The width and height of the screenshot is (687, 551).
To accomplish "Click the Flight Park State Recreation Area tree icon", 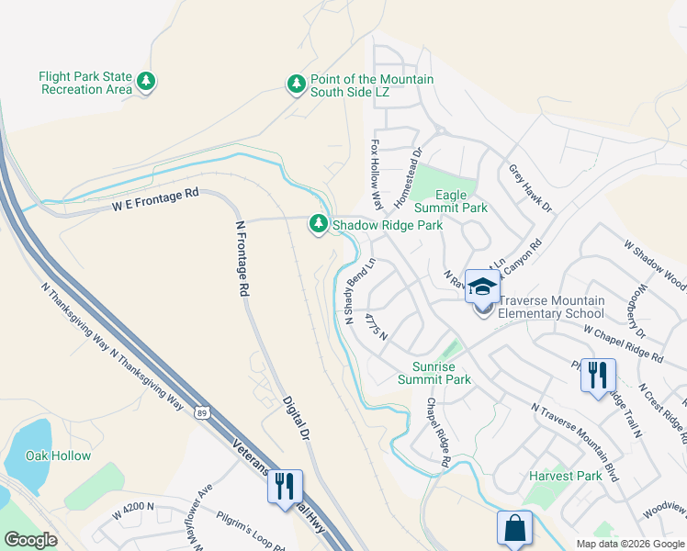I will pyautogui.click(x=145, y=83).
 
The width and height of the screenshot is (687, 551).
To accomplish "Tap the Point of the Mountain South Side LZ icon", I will pyautogui.click(x=296, y=84).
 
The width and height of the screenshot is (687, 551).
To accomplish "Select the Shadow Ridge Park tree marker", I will pyautogui.click(x=319, y=224).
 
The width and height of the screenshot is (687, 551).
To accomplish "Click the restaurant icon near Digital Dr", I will pyautogui.click(x=285, y=485).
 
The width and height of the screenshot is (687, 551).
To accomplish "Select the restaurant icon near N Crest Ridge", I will pyautogui.click(x=597, y=375).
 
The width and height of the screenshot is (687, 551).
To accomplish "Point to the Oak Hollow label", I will pyautogui.click(x=58, y=456).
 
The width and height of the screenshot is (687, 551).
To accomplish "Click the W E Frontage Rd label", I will pyautogui.click(x=155, y=200).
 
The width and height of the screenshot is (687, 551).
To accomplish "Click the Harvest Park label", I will pyautogui.click(x=565, y=476).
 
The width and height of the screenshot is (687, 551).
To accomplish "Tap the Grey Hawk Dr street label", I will pyautogui.click(x=530, y=188).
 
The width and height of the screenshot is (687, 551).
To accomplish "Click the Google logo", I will pyautogui.click(x=30, y=540).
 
